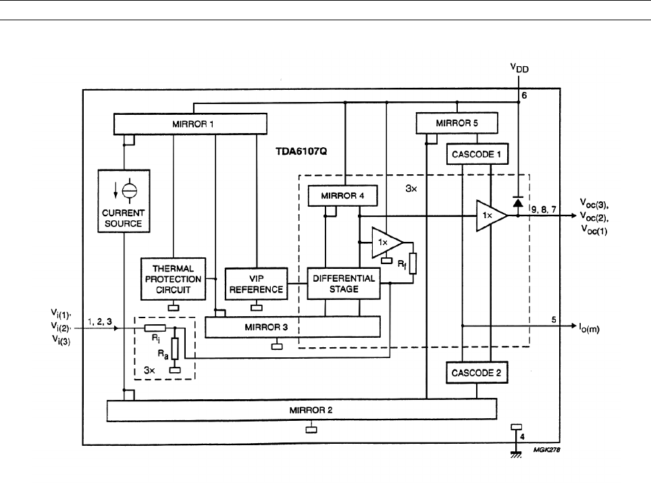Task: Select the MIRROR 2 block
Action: click(302, 409)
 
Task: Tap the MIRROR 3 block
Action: click(292, 328)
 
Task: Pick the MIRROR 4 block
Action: click(343, 196)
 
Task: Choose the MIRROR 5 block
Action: click(457, 123)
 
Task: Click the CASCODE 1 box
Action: click(475, 155)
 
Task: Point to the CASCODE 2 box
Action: click(475, 372)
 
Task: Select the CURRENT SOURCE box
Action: click(124, 201)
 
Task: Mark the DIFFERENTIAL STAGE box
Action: click(342, 284)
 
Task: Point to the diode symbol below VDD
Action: click(517, 201)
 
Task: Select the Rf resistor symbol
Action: click(413, 263)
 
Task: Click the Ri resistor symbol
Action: click(155, 328)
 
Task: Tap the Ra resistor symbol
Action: click(176, 348)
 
